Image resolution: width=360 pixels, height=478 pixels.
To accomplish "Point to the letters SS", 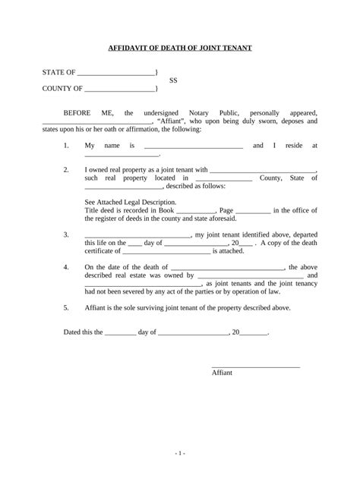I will pos(173,80).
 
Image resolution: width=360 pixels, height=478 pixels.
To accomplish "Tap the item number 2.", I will pos(66,169).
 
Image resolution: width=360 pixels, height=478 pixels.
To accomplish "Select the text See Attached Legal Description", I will pos(130,202).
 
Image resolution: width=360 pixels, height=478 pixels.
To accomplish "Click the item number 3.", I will pos(66,234).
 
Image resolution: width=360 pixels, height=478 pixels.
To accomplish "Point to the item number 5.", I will pos(66,309).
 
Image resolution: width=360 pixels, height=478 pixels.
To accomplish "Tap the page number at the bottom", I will pos(179,452).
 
